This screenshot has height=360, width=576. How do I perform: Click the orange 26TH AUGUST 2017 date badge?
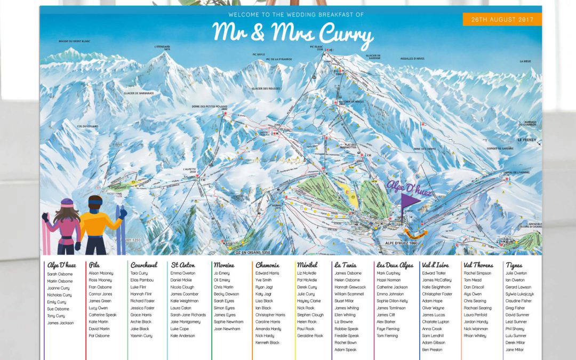pos(502,19)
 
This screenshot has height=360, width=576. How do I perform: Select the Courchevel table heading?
pos(144,265)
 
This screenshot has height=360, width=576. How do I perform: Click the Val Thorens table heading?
pos(478,265)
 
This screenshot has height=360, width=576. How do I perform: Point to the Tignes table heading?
pos(514,265)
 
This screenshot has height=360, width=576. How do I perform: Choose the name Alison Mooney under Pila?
pos(101,273)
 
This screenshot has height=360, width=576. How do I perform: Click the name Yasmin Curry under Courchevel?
pos(141,336)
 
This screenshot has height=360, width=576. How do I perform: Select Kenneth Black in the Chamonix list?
pos(267,343)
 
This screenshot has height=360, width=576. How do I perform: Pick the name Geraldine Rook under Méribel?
pos(310,336)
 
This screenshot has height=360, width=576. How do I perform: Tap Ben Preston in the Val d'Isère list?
pos(432,350)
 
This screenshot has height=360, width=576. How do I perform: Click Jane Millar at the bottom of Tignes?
pos(514,350)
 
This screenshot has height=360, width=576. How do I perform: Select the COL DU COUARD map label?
pos(87,126)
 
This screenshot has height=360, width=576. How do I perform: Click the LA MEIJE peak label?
pos(525,61)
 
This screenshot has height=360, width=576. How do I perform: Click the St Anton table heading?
pos(183,265)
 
